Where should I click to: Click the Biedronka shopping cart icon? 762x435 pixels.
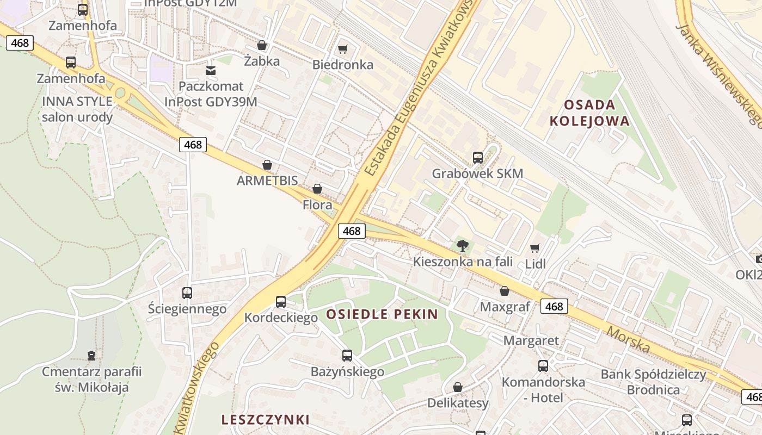[342, 49]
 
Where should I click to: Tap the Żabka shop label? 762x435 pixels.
[262, 61]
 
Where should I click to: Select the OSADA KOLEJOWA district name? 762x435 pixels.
[589, 113]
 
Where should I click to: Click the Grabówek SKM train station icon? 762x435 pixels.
[477, 158]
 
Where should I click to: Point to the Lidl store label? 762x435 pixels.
[535, 264]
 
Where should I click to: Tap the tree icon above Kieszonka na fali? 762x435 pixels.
[463, 246]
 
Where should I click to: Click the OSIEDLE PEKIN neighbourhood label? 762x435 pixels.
[382, 314]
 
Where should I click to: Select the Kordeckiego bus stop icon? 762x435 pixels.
[281, 302]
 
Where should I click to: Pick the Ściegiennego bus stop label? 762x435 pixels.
[187, 309]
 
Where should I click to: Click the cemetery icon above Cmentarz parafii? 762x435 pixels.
[91, 356]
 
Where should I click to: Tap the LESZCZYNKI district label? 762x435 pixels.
[266, 419]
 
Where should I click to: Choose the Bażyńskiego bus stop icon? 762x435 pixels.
[347, 356]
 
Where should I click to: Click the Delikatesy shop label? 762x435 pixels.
[458, 403]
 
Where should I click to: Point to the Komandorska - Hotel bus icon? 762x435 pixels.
[543, 366]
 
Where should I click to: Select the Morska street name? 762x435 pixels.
[628, 339]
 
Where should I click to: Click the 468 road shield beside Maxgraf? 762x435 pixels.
[554, 306]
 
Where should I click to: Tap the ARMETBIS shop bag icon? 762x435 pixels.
[267, 165]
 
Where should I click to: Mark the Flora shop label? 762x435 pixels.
[317, 205]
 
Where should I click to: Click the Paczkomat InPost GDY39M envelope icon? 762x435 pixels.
[211, 71]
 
